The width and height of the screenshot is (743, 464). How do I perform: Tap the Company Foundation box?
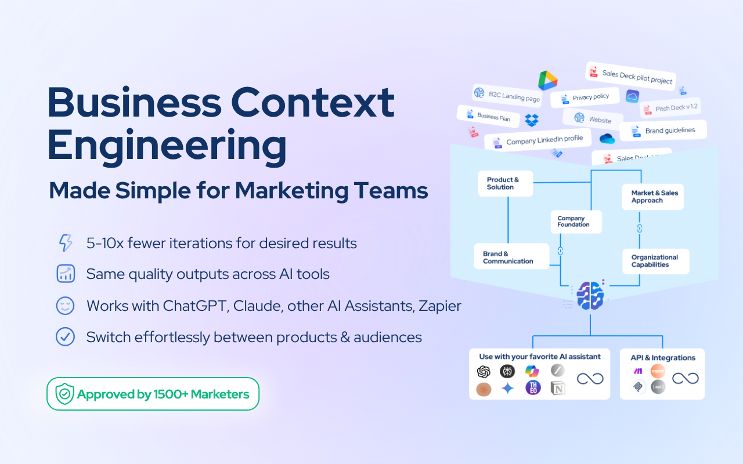(576, 222)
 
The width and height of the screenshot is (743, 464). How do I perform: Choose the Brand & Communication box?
(511, 257)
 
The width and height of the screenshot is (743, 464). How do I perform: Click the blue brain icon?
(590, 295)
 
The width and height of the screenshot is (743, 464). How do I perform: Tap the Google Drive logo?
(547, 81)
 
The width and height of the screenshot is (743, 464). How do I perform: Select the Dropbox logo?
(532, 120)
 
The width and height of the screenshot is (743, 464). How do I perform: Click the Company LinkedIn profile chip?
(538, 141)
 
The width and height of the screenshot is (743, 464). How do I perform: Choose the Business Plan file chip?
(489, 117)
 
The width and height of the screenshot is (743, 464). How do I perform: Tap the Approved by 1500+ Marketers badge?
(153, 394)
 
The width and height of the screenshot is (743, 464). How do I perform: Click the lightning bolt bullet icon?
(66, 243)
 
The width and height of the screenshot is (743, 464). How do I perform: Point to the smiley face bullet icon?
(66, 306)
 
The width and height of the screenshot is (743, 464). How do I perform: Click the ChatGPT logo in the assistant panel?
(484, 372)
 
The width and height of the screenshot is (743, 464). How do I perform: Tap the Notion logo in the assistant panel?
(558, 388)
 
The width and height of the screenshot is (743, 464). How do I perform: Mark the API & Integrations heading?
(663, 358)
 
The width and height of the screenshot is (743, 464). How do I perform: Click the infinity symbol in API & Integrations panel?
(685, 379)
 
